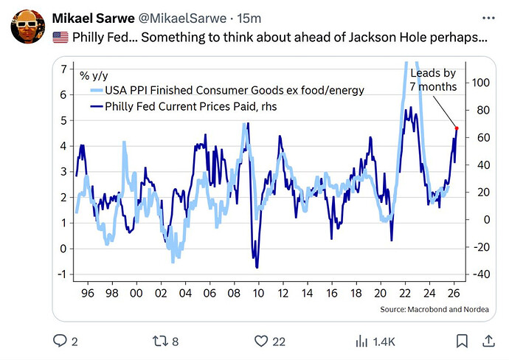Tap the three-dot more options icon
(488, 16)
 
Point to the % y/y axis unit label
(94, 75)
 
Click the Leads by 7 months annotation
(433, 80)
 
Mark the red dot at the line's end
(457, 128)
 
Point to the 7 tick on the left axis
(65, 69)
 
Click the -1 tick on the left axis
(63, 274)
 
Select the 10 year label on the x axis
(258, 293)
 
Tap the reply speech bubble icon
(60, 341)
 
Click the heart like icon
(260, 341)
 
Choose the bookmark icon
(461, 341)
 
